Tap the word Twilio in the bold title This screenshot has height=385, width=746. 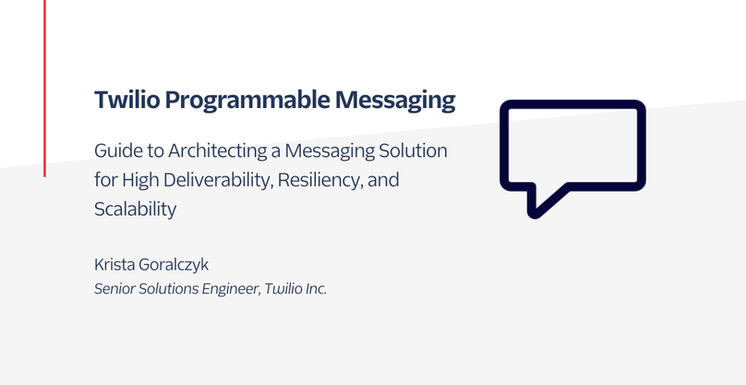tap(127, 100)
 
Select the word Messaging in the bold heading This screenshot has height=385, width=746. tap(395, 101)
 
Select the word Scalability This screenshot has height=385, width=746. tap(135, 210)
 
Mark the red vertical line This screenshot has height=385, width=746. tap(44, 89)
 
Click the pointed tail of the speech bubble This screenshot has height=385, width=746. tap(535, 213)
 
